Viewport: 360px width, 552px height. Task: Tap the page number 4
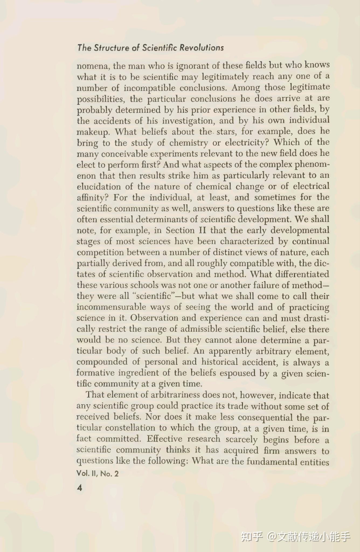click(79, 488)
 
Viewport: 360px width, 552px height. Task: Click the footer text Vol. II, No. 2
click(97, 474)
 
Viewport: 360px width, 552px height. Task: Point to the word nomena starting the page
click(92, 66)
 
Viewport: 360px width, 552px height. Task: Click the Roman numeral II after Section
click(202, 230)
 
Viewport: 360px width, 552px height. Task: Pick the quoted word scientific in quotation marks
click(154, 296)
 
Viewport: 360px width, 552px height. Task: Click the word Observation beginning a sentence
click(154, 318)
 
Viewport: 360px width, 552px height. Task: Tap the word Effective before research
click(164, 439)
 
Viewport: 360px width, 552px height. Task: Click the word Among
click(245, 88)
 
